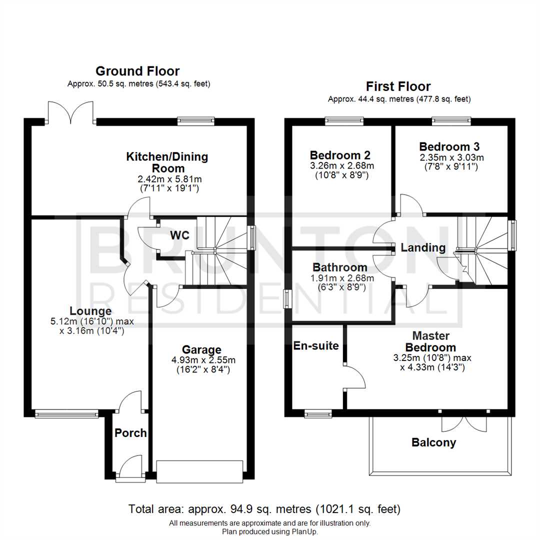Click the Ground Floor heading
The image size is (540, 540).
click(x=137, y=71)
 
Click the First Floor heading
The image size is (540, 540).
click(x=398, y=86)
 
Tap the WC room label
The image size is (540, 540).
click(x=179, y=235)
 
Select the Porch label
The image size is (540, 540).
click(x=131, y=433)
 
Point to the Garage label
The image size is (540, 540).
click(x=201, y=349)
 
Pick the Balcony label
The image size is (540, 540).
click(x=433, y=442)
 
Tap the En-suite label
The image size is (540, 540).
click(x=316, y=345)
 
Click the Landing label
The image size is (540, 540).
click(x=423, y=247)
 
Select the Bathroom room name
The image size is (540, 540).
click(x=340, y=268)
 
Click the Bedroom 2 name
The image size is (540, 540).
click(x=340, y=154)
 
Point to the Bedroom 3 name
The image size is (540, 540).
click(x=449, y=147)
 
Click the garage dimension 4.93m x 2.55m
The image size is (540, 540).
click(x=201, y=360)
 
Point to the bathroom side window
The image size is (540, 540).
click(x=287, y=299)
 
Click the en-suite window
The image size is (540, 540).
click(x=318, y=413)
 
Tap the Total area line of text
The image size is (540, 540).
click(x=264, y=510)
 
